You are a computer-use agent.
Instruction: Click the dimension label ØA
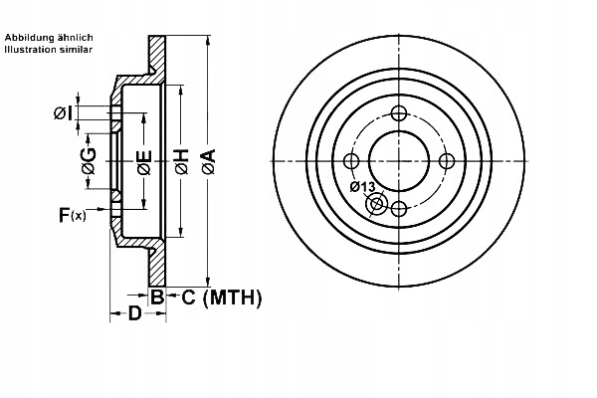click(x=208, y=160)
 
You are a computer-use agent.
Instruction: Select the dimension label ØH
click(x=182, y=160)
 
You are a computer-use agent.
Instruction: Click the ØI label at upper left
click(x=62, y=114)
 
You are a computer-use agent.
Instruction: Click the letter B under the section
click(x=156, y=296)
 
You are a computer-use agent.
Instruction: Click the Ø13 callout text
click(x=362, y=187)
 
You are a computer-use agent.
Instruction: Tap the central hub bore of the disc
click(x=398, y=160)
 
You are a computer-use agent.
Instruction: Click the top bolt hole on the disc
click(x=398, y=112)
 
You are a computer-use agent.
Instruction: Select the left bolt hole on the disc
click(x=350, y=160)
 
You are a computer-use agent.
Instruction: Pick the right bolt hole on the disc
click(x=446, y=160)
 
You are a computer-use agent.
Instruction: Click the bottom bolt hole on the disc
click(x=398, y=208)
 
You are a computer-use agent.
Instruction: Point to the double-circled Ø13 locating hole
click(x=377, y=205)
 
